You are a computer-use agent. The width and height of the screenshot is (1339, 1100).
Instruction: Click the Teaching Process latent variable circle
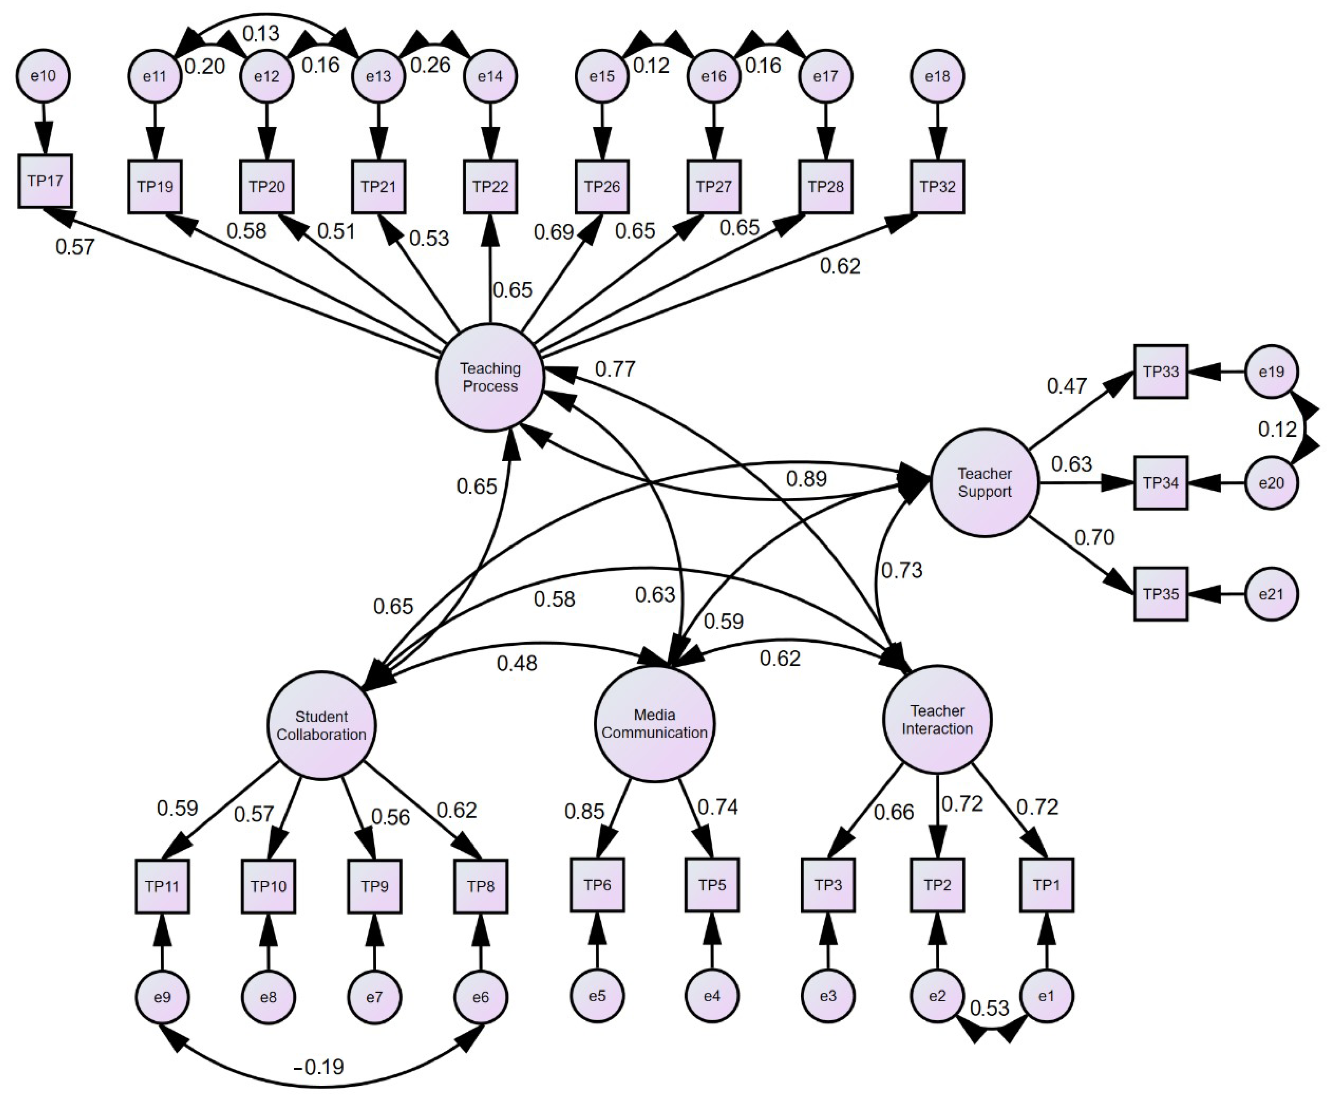click(490, 378)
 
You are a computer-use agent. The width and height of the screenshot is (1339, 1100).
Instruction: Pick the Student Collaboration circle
click(322, 725)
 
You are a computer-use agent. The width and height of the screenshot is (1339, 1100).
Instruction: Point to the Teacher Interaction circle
click(937, 720)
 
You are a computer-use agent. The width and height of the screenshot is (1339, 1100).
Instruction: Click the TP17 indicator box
click(45, 181)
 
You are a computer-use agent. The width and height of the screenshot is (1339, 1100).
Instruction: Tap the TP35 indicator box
click(1160, 594)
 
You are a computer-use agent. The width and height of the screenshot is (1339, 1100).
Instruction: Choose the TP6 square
click(597, 885)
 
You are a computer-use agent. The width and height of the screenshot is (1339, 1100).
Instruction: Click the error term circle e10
click(43, 76)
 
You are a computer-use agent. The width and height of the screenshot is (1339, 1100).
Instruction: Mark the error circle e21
click(1271, 594)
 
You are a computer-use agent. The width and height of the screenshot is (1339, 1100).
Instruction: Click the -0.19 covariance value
click(319, 1067)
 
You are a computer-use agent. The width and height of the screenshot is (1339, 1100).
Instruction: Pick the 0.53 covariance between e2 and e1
click(989, 1007)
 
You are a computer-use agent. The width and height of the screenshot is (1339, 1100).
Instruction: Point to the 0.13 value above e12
click(261, 33)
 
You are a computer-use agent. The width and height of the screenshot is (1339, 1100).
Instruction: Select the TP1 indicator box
click(1046, 885)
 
